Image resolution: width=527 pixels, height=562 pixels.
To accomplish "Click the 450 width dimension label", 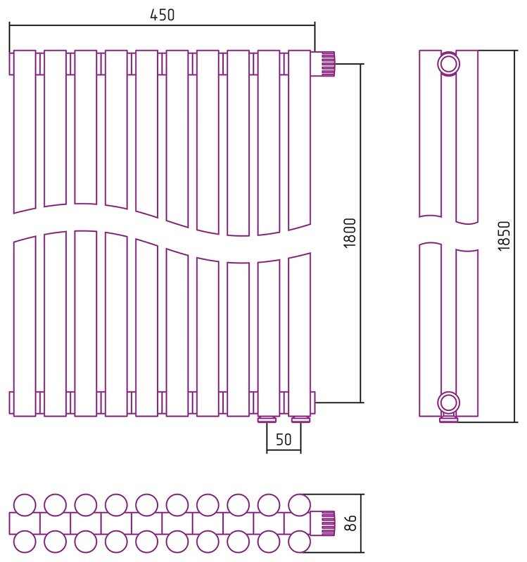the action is click(162, 15).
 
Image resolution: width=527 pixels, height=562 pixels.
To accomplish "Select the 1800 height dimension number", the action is click(350, 233).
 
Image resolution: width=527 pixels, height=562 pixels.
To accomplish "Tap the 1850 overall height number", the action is click(504, 236).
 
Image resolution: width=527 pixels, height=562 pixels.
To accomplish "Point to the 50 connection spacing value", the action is click(284, 440).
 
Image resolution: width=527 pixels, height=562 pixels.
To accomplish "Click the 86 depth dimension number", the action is click(350, 523).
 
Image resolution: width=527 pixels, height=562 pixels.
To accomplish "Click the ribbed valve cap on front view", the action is click(329, 64).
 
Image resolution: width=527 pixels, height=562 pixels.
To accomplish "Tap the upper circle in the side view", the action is click(449, 64).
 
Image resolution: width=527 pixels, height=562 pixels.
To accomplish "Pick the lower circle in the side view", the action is click(449, 403).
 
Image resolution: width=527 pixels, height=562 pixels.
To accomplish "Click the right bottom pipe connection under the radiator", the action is click(301, 419).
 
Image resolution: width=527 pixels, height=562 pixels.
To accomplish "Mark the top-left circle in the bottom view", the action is click(25, 505).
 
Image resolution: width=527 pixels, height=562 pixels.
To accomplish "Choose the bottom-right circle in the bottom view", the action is click(300, 542).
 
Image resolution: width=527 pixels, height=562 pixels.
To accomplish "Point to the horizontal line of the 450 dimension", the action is click(162, 25).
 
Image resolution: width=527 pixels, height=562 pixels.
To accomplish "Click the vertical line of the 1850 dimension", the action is click(514, 236).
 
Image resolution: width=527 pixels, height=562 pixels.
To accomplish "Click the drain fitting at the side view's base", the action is click(449, 418).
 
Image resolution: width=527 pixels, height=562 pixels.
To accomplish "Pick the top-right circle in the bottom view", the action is click(300, 505).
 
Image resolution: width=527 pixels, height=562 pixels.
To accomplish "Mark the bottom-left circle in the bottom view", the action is click(25, 542).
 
